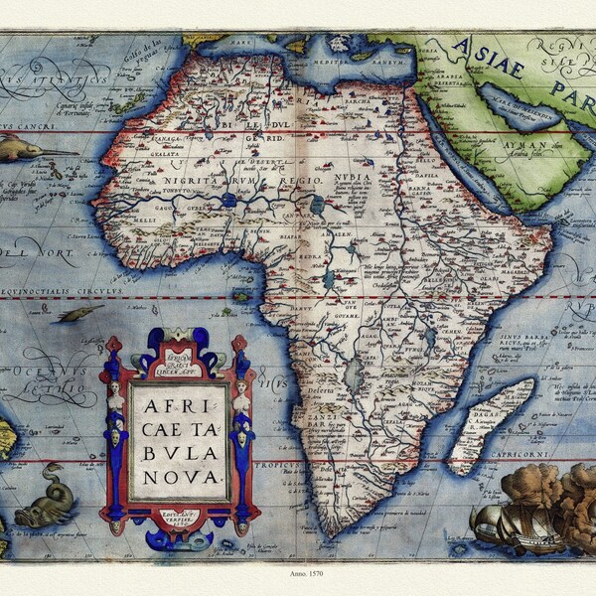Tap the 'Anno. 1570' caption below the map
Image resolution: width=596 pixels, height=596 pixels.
tap(297, 573)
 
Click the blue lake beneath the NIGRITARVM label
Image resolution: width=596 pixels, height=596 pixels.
tap(230, 199)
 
